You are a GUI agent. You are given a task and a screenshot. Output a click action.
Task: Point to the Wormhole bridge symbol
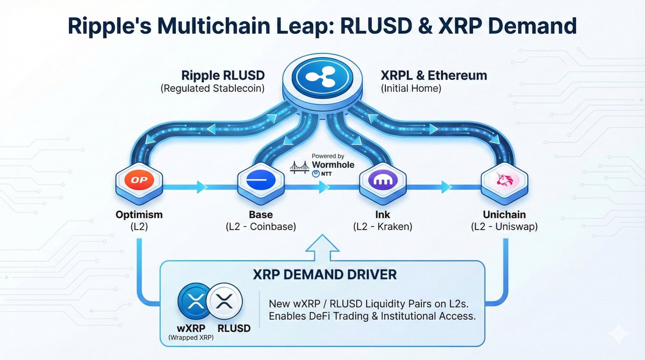point(299,168)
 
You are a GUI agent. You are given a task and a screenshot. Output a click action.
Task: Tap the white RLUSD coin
point(225,301)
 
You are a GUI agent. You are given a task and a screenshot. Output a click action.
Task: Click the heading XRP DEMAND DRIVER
point(325,275)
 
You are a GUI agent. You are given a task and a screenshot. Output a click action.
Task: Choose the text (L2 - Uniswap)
point(504,227)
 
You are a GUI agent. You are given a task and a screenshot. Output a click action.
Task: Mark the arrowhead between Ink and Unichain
point(446,187)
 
